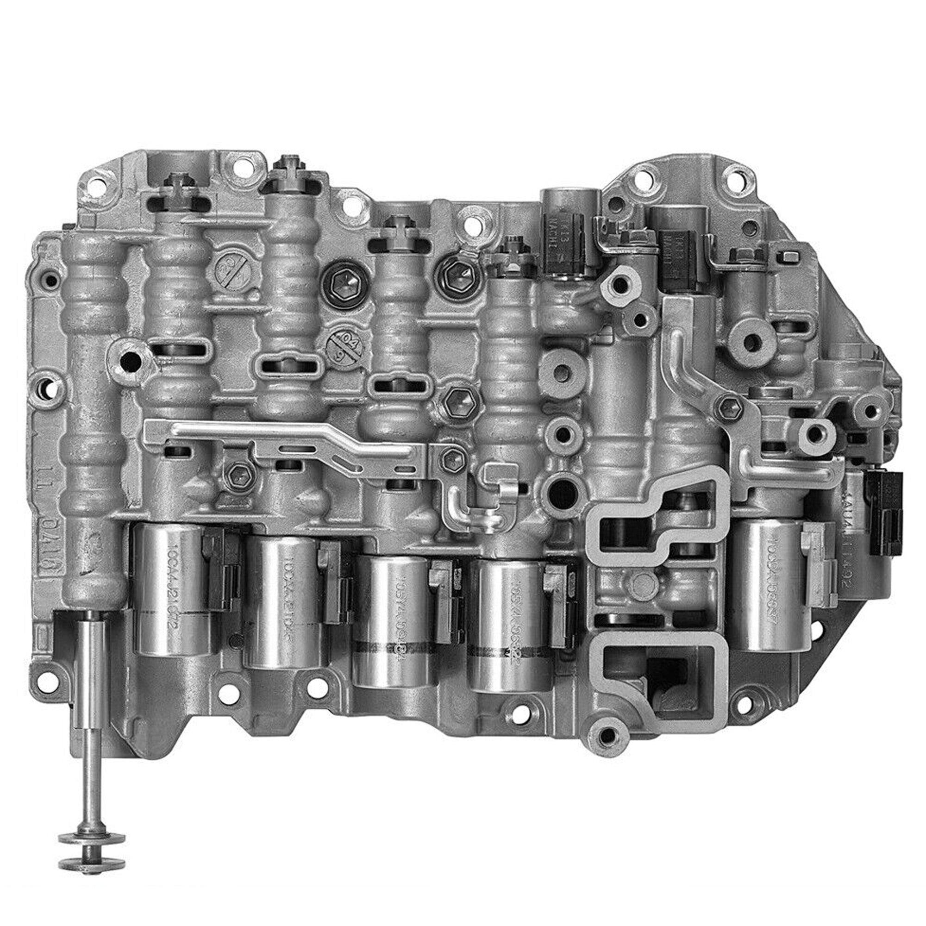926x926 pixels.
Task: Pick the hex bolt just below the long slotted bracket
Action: [x=237, y=474]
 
